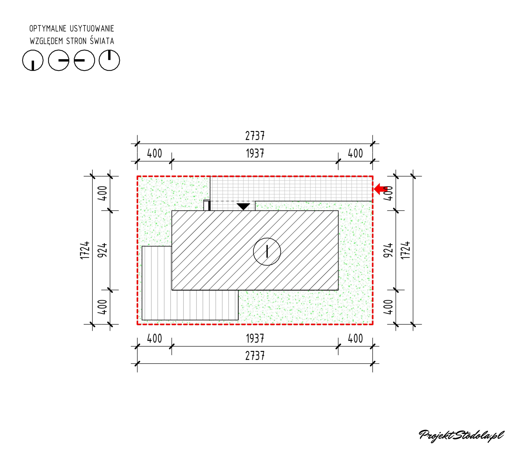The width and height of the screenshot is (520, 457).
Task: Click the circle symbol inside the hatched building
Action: pos(267,252)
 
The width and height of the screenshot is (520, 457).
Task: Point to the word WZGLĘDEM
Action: pos(46,41)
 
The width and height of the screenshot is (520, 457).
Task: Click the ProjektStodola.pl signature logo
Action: pos(461,435)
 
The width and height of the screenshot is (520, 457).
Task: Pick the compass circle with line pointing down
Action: pos(33,60)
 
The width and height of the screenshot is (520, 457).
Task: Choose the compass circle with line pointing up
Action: pos(109,60)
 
